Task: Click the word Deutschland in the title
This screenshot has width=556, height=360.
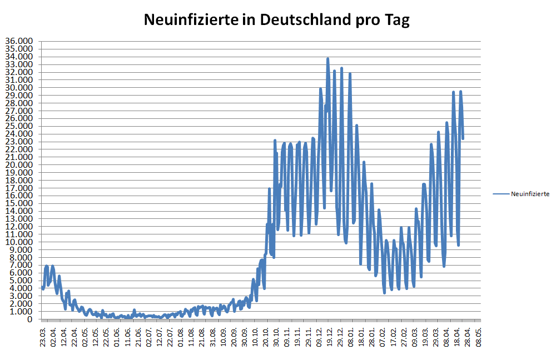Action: [301, 20]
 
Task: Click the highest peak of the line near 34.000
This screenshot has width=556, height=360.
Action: [327, 58]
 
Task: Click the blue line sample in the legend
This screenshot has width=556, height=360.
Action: [500, 194]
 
